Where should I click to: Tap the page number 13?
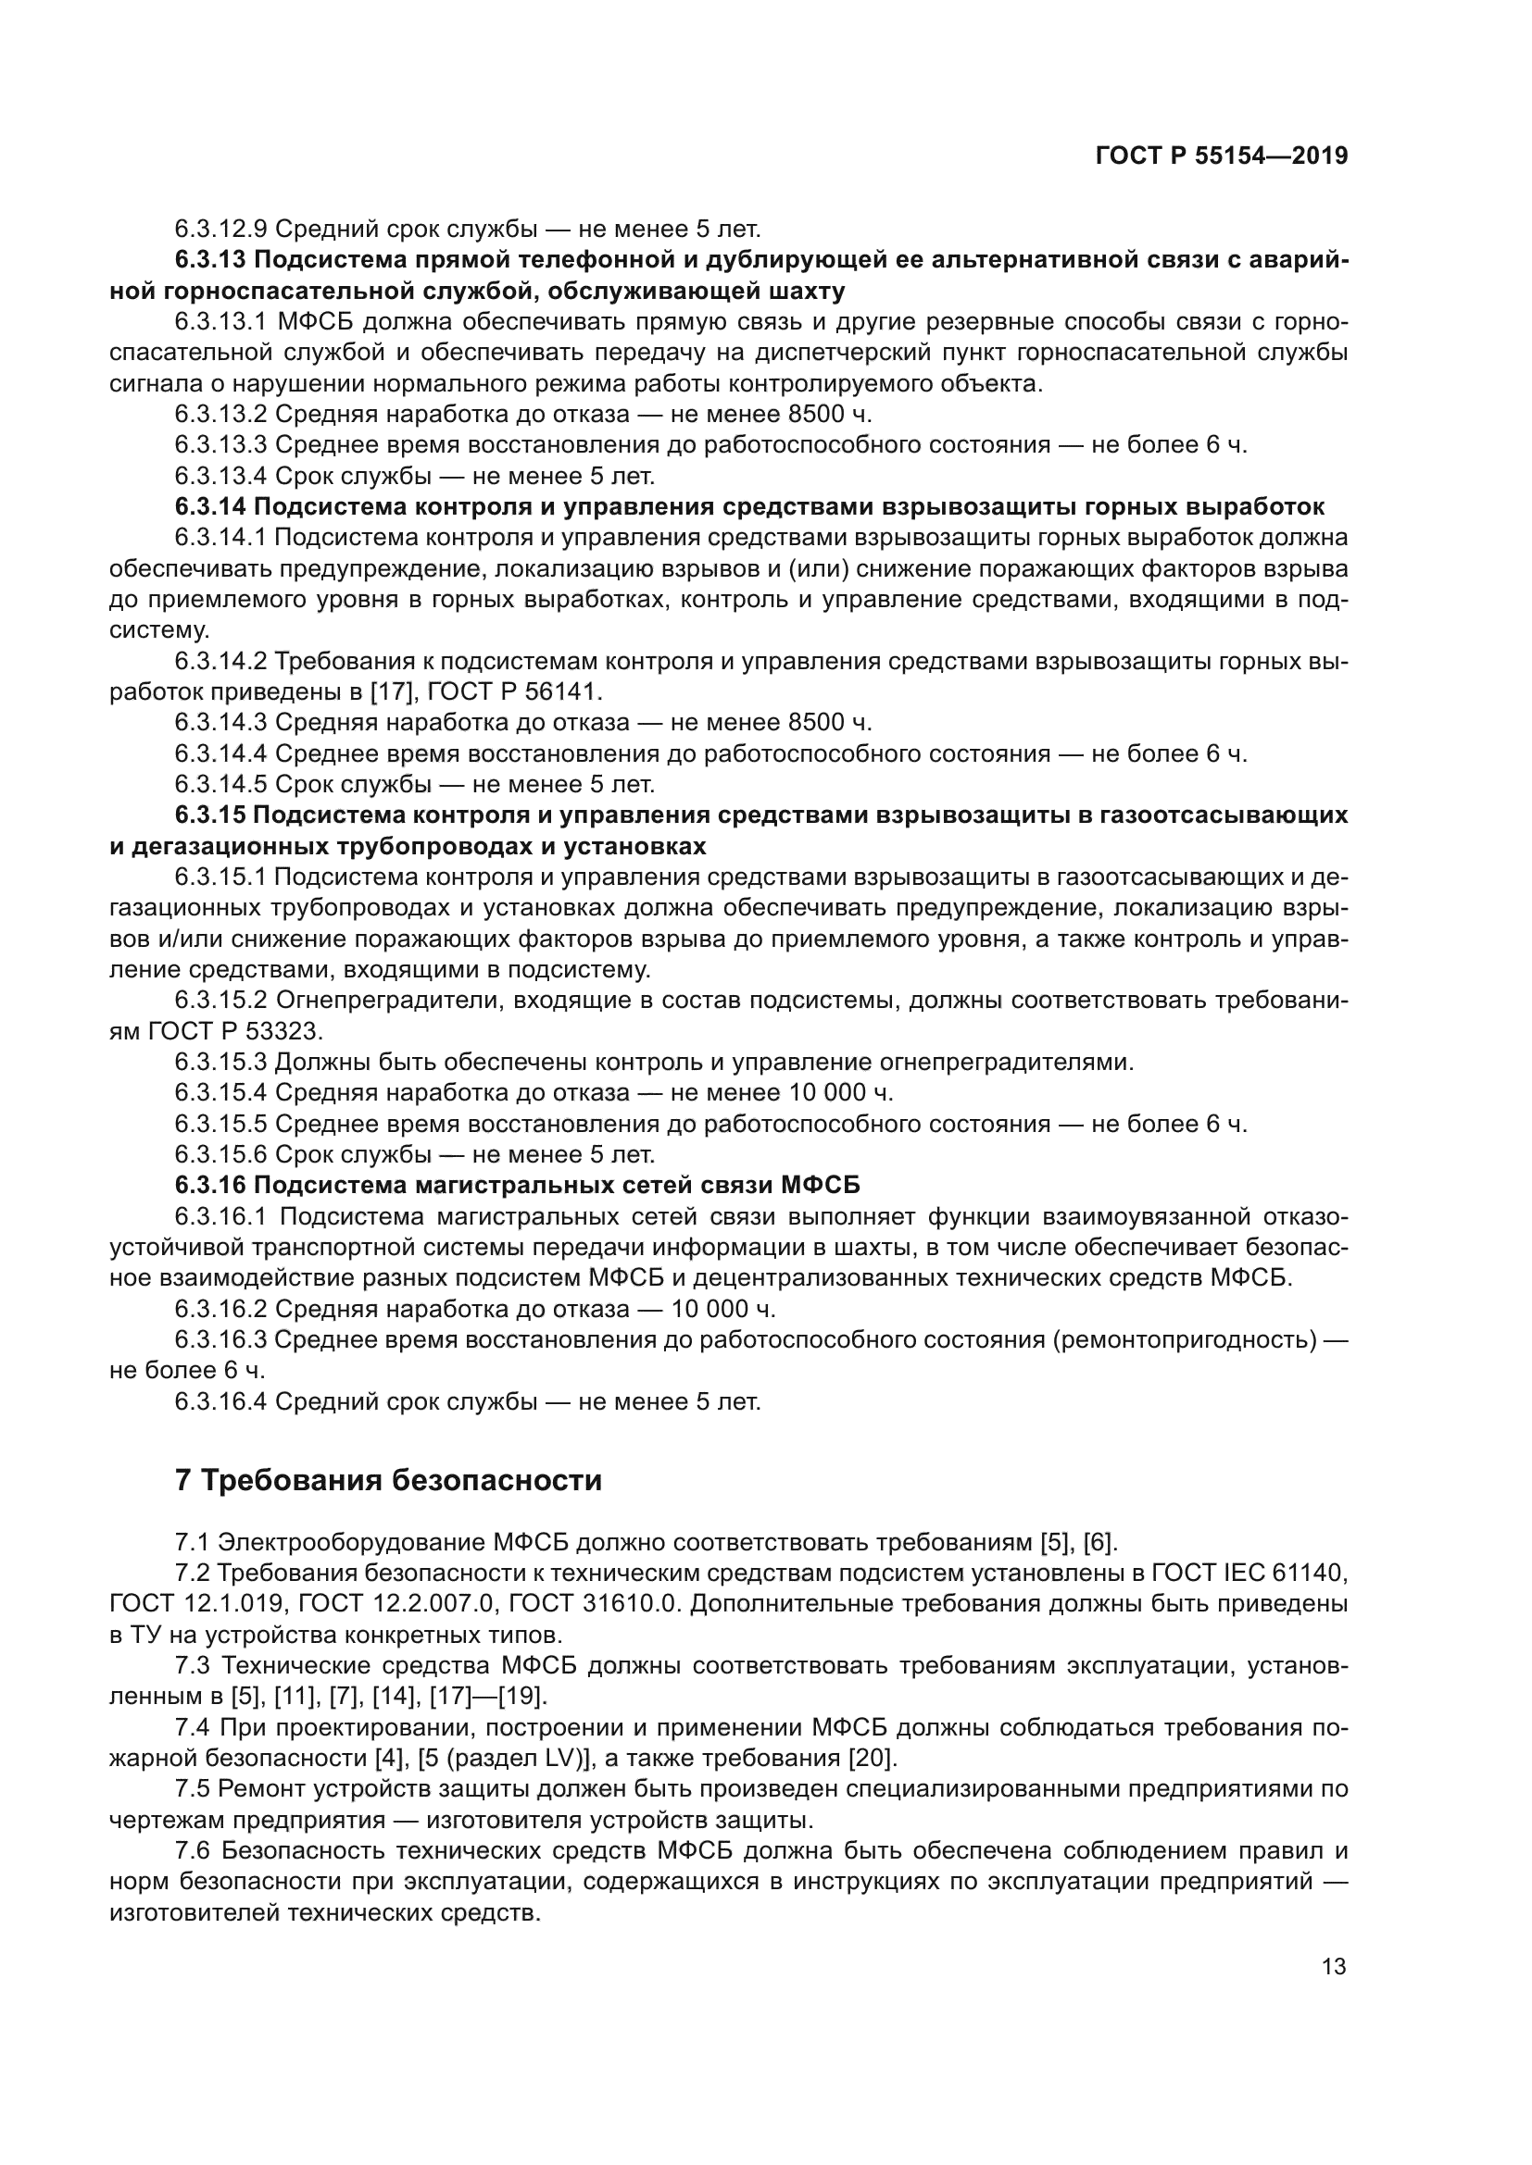[x=1334, y=1966]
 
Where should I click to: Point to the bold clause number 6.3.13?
[x=210, y=259]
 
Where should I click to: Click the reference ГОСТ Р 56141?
[x=514, y=691]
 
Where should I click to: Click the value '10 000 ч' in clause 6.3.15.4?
[x=837, y=1093]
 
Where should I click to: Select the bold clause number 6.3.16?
[x=210, y=1186]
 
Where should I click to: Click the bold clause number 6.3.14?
[x=210, y=506]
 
